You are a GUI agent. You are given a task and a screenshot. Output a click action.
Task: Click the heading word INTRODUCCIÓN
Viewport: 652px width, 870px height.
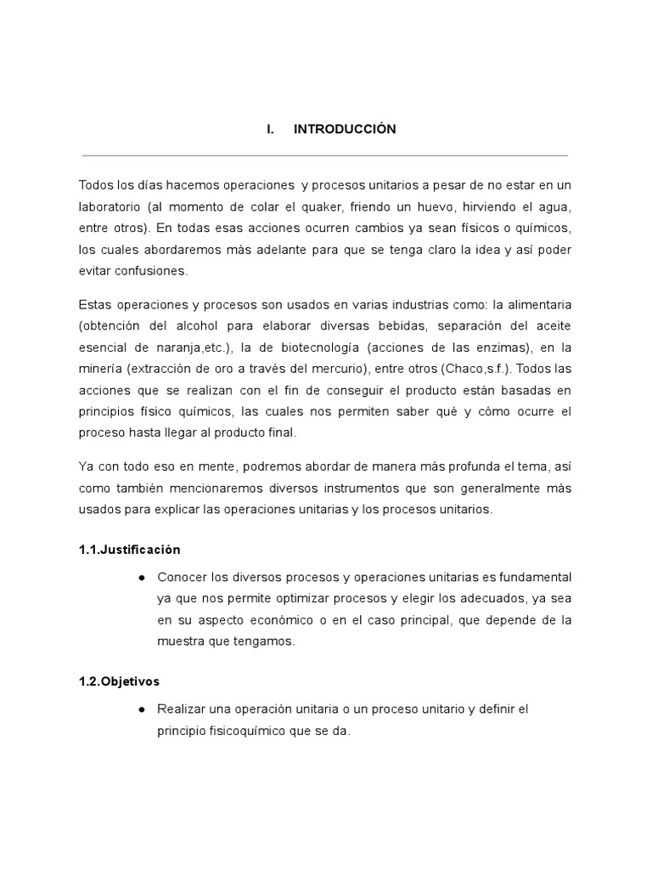click(x=345, y=129)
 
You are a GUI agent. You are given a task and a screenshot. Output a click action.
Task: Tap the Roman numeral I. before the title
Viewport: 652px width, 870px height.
click(x=270, y=129)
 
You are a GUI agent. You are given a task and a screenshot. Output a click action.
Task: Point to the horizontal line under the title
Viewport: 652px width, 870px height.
click(x=324, y=155)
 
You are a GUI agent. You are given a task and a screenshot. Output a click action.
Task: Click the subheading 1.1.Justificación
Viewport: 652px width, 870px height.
click(x=129, y=549)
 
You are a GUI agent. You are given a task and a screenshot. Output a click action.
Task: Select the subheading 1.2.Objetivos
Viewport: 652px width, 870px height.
click(x=119, y=681)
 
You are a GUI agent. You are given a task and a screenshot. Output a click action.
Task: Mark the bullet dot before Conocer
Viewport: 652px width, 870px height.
click(x=141, y=577)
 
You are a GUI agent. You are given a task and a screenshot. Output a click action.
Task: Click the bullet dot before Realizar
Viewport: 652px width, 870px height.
click(x=141, y=709)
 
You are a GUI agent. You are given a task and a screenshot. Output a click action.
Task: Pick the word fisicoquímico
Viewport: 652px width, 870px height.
click(x=237, y=730)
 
